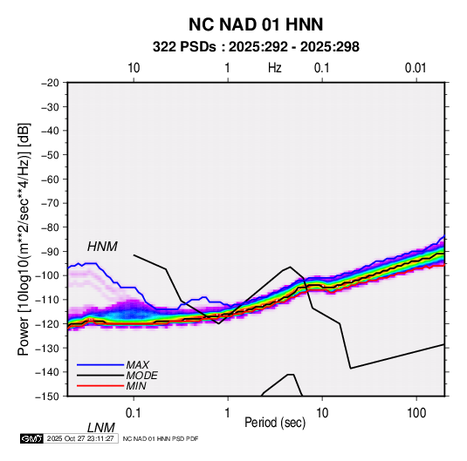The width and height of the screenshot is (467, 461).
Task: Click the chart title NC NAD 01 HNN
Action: pos(256,24)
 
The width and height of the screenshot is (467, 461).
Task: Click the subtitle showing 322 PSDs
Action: pos(256,47)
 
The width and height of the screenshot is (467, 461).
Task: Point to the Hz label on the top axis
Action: pos(275,68)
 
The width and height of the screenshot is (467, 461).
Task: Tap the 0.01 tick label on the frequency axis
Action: pos(415,68)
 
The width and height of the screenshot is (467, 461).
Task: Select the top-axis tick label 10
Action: pos(134,68)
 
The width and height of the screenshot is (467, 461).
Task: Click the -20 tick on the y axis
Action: pos(50,83)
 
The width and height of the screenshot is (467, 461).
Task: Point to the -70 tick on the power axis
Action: pos(50,203)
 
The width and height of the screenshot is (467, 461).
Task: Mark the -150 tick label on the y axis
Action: pos(47,397)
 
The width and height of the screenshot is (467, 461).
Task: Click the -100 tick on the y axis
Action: pos(47,275)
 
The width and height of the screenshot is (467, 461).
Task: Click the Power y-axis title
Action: pos(24,239)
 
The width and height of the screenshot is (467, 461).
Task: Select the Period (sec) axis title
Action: pos(275,423)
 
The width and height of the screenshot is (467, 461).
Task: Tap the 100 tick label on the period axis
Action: pos(416,413)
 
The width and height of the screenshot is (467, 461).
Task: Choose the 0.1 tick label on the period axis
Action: pos(134,413)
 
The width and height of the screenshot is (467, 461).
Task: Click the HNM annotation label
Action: pos(102,247)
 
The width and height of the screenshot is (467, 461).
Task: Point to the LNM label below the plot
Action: pos(100,428)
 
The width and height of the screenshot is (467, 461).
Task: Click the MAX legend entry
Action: pos(137,365)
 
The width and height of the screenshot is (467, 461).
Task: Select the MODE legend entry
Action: pos(141,376)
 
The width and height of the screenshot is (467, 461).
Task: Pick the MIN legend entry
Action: pos(136,386)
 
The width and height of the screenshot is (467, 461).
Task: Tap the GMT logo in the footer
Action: pos(32,438)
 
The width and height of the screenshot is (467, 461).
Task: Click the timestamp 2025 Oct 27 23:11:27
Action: pos(80,438)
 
